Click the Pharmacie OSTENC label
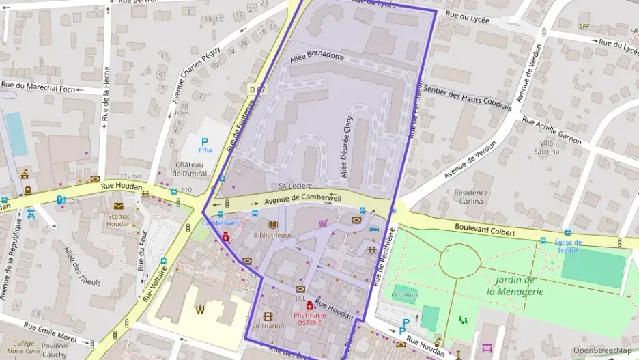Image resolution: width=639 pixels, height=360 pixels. click(x=309, y=318)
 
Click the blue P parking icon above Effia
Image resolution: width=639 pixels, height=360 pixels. click(x=203, y=141)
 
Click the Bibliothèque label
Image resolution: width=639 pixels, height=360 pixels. click(x=273, y=235)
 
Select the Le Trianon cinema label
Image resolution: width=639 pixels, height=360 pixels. click(x=268, y=326)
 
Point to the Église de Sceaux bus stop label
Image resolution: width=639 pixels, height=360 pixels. click(x=568, y=245)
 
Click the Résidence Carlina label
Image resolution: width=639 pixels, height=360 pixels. click(x=471, y=197)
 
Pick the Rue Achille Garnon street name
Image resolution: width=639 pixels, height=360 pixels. click(x=552, y=130)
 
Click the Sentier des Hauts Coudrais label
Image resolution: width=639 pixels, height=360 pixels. click(x=467, y=95)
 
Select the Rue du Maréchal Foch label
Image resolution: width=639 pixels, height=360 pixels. click(x=39, y=86)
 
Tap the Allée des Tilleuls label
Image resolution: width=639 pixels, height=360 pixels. click(x=82, y=266)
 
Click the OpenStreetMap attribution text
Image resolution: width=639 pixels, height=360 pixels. click(x=602, y=351)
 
